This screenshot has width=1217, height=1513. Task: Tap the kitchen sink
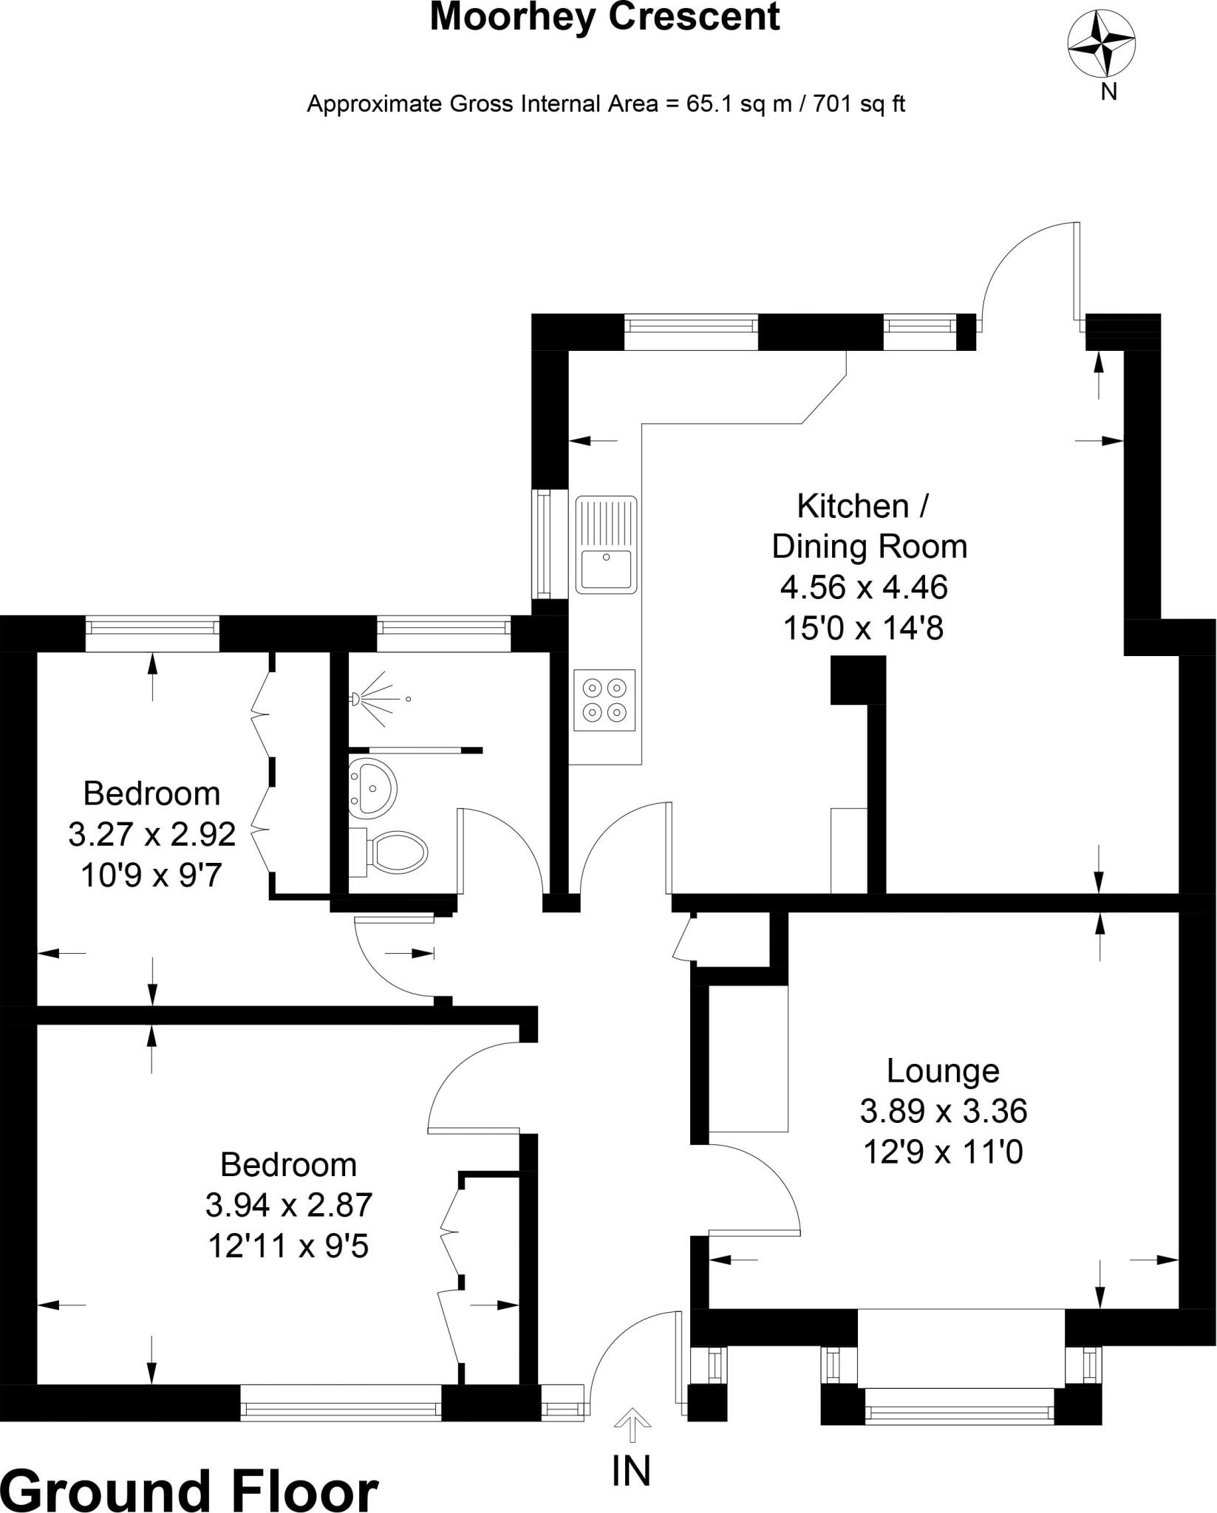click(607, 544)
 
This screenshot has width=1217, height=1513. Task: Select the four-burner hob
click(604, 700)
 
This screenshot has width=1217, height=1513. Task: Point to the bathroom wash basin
click(373, 788)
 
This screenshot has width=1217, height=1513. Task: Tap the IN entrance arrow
click(631, 1424)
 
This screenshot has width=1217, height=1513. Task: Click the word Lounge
click(943, 1070)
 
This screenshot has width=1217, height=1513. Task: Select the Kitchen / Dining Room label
click(868, 527)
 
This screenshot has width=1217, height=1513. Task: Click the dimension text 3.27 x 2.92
click(152, 834)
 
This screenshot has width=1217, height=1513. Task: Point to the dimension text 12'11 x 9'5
click(288, 1246)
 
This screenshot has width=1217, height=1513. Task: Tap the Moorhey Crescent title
click(604, 17)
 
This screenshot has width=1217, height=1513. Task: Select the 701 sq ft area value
click(859, 103)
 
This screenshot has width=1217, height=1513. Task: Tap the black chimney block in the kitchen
click(858, 680)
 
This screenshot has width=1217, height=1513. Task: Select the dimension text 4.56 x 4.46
click(864, 587)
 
